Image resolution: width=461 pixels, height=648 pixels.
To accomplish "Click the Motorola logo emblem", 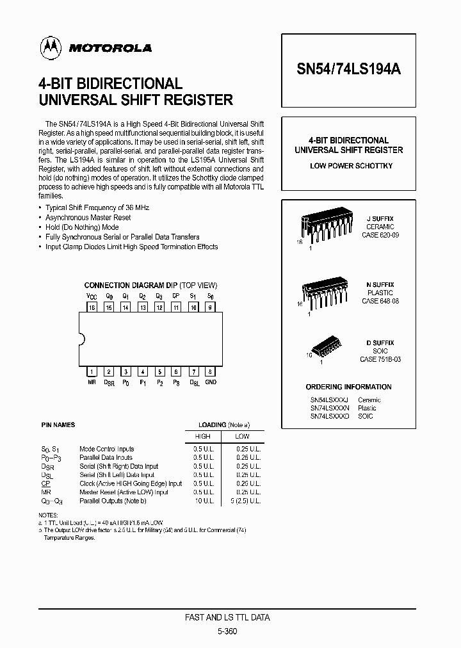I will [x=49, y=47].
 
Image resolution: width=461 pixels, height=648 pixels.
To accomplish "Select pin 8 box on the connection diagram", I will [x=209, y=371].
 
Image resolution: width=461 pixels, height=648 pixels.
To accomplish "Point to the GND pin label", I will [x=210, y=382].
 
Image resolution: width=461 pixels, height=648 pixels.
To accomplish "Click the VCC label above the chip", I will [x=92, y=297].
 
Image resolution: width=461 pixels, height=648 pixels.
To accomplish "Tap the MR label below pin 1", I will [x=92, y=382].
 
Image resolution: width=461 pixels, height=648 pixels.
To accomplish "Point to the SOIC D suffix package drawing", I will [x=324, y=346].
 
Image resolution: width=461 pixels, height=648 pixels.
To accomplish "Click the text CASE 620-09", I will [x=380, y=235].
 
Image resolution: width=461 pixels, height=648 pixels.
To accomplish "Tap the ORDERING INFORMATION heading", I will [x=348, y=387].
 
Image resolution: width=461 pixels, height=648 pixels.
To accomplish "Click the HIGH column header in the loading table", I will [x=202, y=436].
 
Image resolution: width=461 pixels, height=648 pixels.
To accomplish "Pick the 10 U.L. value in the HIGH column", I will [x=203, y=501].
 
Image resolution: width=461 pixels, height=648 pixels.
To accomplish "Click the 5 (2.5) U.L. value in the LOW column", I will [x=245, y=501].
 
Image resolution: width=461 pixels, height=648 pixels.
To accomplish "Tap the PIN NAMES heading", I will [x=58, y=425].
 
